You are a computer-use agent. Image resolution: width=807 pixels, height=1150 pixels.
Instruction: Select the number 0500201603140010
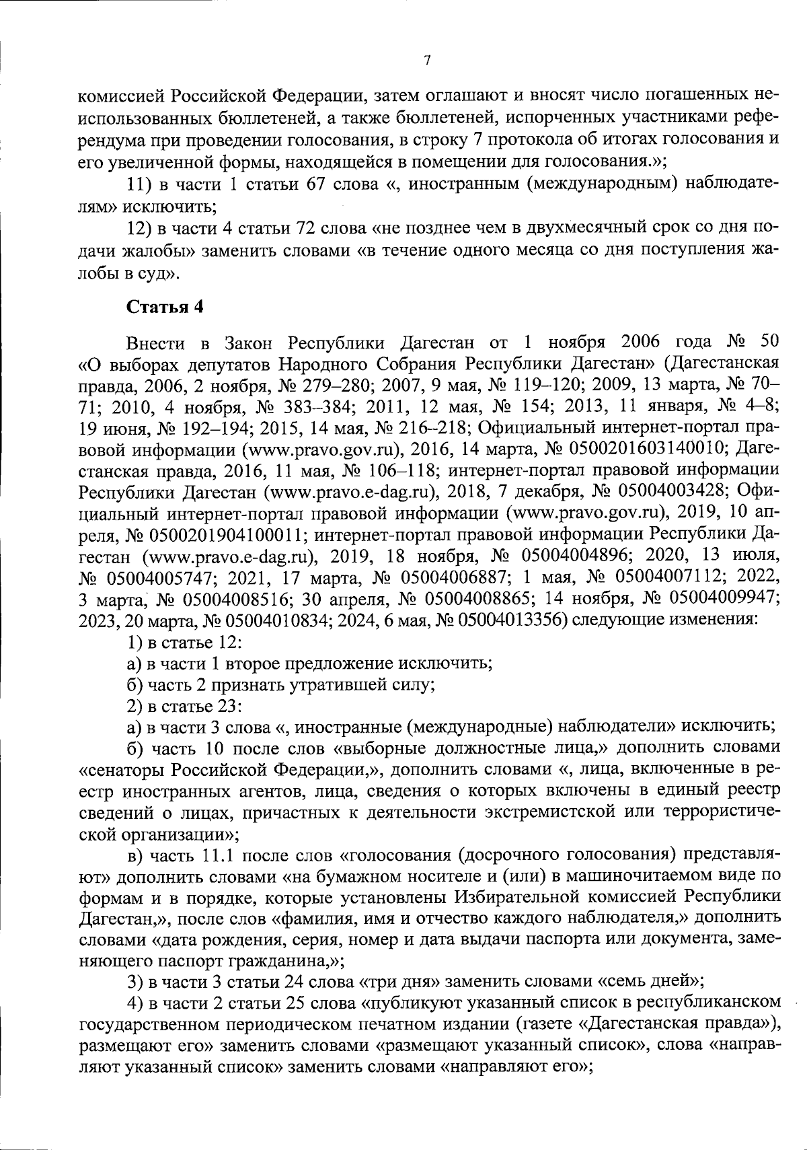click(651, 447)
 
